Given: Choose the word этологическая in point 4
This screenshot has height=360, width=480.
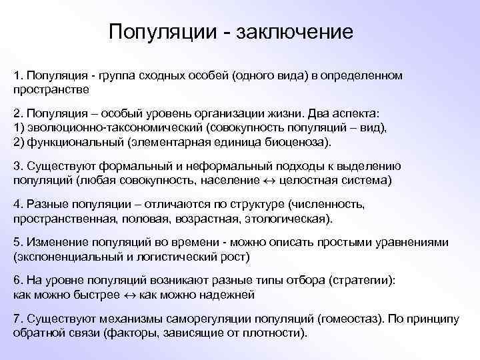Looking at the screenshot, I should pyautogui.click(x=295, y=219).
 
